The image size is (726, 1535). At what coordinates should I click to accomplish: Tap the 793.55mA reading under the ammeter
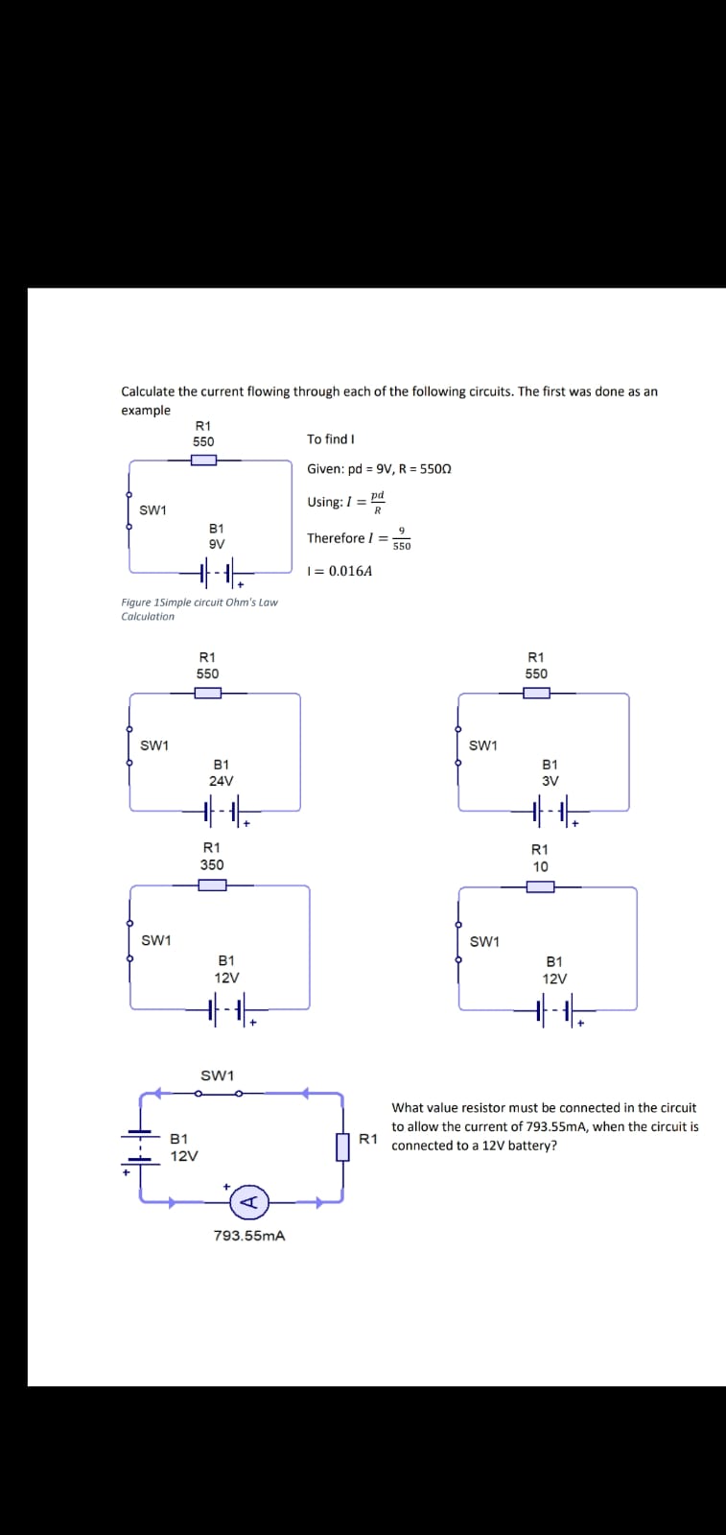(x=248, y=1236)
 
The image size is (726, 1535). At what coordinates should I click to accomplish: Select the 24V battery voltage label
(x=221, y=781)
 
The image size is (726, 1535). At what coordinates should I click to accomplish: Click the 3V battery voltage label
(x=550, y=781)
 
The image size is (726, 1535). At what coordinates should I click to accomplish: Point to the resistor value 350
(x=212, y=864)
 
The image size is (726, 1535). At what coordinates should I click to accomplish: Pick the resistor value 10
(x=540, y=866)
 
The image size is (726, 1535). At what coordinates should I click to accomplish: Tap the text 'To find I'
(x=331, y=439)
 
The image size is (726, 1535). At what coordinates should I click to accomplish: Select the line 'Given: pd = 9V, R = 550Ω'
(x=379, y=469)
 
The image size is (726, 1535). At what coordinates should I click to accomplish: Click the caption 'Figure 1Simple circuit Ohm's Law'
(x=199, y=602)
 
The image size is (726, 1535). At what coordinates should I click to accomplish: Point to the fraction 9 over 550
(x=402, y=538)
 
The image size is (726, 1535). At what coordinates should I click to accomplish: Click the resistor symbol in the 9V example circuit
(x=203, y=460)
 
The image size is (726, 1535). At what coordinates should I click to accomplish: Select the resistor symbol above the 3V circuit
(x=536, y=694)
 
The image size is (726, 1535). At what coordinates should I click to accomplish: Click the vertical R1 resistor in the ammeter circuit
(x=342, y=1146)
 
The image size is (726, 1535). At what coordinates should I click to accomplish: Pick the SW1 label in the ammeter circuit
(x=217, y=1075)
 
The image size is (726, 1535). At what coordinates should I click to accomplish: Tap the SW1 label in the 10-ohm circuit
(x=484, y=941)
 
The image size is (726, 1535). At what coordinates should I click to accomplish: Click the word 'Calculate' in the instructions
(x=148, y=391)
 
